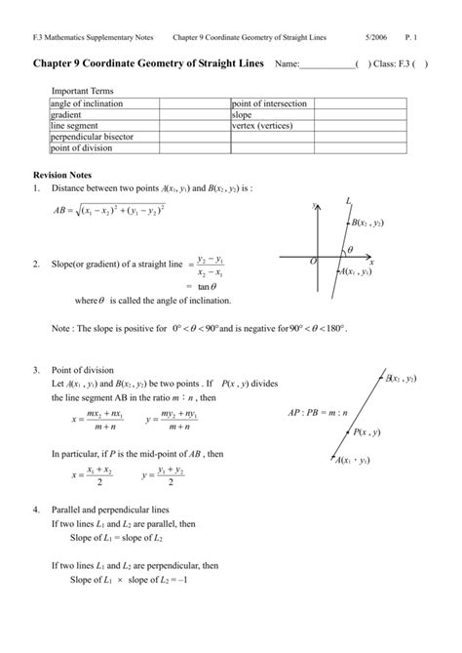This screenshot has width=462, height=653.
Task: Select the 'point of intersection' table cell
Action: (269, 103)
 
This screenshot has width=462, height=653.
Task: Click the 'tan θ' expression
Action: (208, 286)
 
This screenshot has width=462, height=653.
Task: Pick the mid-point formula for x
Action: (93, 476)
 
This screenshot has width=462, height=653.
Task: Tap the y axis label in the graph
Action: (314, 207)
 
